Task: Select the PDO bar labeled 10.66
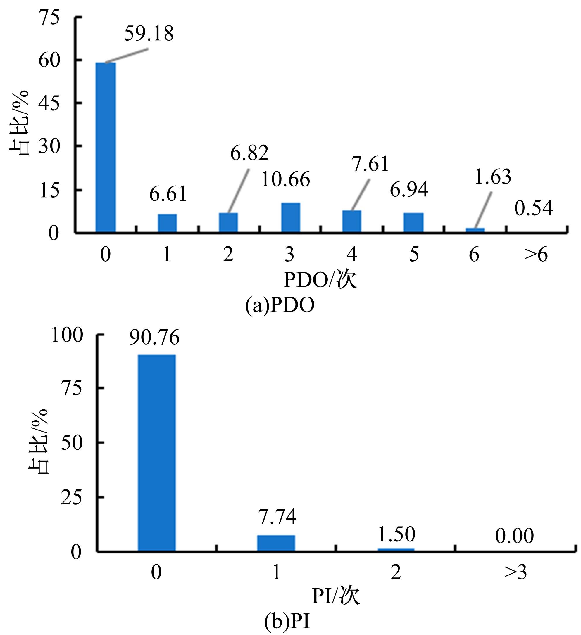[x=290, y=217]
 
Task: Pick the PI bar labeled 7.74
[x=276, y=543]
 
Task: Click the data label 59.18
[x=149, y=34]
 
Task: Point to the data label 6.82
[x=249, y=153]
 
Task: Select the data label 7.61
[x=370, y=165]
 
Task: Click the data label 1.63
[x=492, y=177]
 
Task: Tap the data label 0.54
[x=533, y=209]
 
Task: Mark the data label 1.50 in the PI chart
[x=396, y=534]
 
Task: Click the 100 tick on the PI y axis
[x=67, y=335]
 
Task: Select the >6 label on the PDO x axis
[x=536, y=255]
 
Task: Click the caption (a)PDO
[x=280, y=305]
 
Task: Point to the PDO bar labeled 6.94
[x=413, y=222]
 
